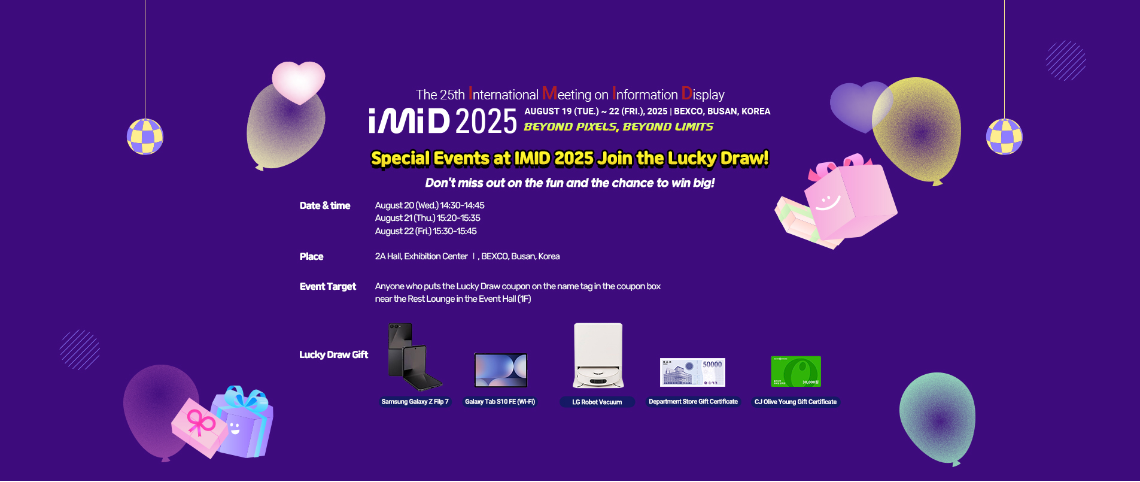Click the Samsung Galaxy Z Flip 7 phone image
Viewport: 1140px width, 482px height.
point(414,357)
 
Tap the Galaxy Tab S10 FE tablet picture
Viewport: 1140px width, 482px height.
point(500,370)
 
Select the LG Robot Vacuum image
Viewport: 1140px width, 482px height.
point(598,356)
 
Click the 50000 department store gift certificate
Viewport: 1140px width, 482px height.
point(692,372)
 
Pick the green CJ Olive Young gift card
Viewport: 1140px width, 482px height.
point(795,372)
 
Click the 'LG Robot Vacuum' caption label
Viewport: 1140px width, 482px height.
point(597,402)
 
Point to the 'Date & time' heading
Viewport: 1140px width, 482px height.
point(325,206)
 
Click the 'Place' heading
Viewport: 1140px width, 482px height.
point(311,257)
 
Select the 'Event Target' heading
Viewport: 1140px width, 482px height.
point(328,287)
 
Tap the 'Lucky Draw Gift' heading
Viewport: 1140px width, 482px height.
point(333,355)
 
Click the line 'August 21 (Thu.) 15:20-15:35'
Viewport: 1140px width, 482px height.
point(427,219)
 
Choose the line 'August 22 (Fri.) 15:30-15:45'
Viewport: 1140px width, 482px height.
point(425,232)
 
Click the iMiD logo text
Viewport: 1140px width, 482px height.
point(409,121)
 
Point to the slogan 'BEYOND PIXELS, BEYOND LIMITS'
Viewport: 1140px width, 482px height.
point(618,127)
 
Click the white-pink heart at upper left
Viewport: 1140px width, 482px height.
point(298,81)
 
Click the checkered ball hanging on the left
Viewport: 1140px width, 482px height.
point(145,137)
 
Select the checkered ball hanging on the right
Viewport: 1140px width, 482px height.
point(1004,137)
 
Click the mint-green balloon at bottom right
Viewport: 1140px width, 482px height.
point(937,416)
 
